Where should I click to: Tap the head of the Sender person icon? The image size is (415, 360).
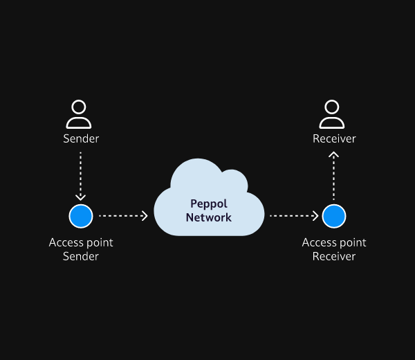tap(79, 107)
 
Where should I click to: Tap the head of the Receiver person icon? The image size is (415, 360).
tap(331, 107)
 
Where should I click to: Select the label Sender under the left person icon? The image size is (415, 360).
tap(81, 139)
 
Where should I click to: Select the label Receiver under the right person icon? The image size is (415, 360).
tap(334, 139)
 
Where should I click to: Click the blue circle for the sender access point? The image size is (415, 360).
tap(81, 216)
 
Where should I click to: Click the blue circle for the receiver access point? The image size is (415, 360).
tap(334, 216)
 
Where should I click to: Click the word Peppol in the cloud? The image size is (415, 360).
tap(209, 204)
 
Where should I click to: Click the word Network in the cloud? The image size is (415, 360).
tap(209, 217)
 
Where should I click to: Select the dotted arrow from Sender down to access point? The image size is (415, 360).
tap(80, 176)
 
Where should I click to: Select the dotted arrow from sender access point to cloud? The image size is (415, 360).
tap(123, 216)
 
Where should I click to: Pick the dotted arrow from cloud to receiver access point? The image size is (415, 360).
tap(294, 216)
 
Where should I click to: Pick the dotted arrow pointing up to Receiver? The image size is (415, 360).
tap(333, 176)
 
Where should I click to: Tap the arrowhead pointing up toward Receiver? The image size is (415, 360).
tap(333, 154)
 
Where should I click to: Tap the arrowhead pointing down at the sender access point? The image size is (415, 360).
tap(80, 197)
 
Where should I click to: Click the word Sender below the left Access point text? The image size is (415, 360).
tap(81, 256)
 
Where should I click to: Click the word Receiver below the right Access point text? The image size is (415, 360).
tap(334, 256)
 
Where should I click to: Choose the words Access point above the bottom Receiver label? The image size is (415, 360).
tap(334, 243)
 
